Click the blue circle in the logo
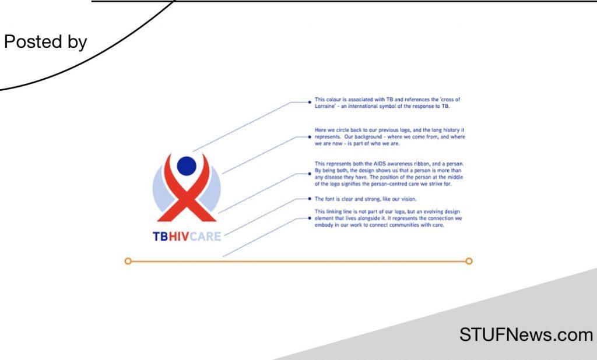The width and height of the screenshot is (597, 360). coord(187,166)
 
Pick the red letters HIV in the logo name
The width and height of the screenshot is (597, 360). coord(178,237)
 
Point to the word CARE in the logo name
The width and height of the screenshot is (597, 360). coord(206,237)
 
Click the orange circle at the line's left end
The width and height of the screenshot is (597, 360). coord(128,261)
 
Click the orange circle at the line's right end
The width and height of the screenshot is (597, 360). coord(469,261)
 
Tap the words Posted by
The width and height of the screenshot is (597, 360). coord(45,43)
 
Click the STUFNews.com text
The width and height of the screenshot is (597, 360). coord(526,335)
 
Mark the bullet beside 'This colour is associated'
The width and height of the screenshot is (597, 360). coord(309,102)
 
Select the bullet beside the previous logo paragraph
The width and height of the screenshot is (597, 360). coord(309,137)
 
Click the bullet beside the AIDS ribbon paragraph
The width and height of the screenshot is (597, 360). coord(309,174)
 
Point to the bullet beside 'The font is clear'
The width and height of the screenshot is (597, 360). coord(309,199)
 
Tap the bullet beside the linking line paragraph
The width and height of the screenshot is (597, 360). coord(309,218)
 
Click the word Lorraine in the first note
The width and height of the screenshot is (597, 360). coord(325,107)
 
